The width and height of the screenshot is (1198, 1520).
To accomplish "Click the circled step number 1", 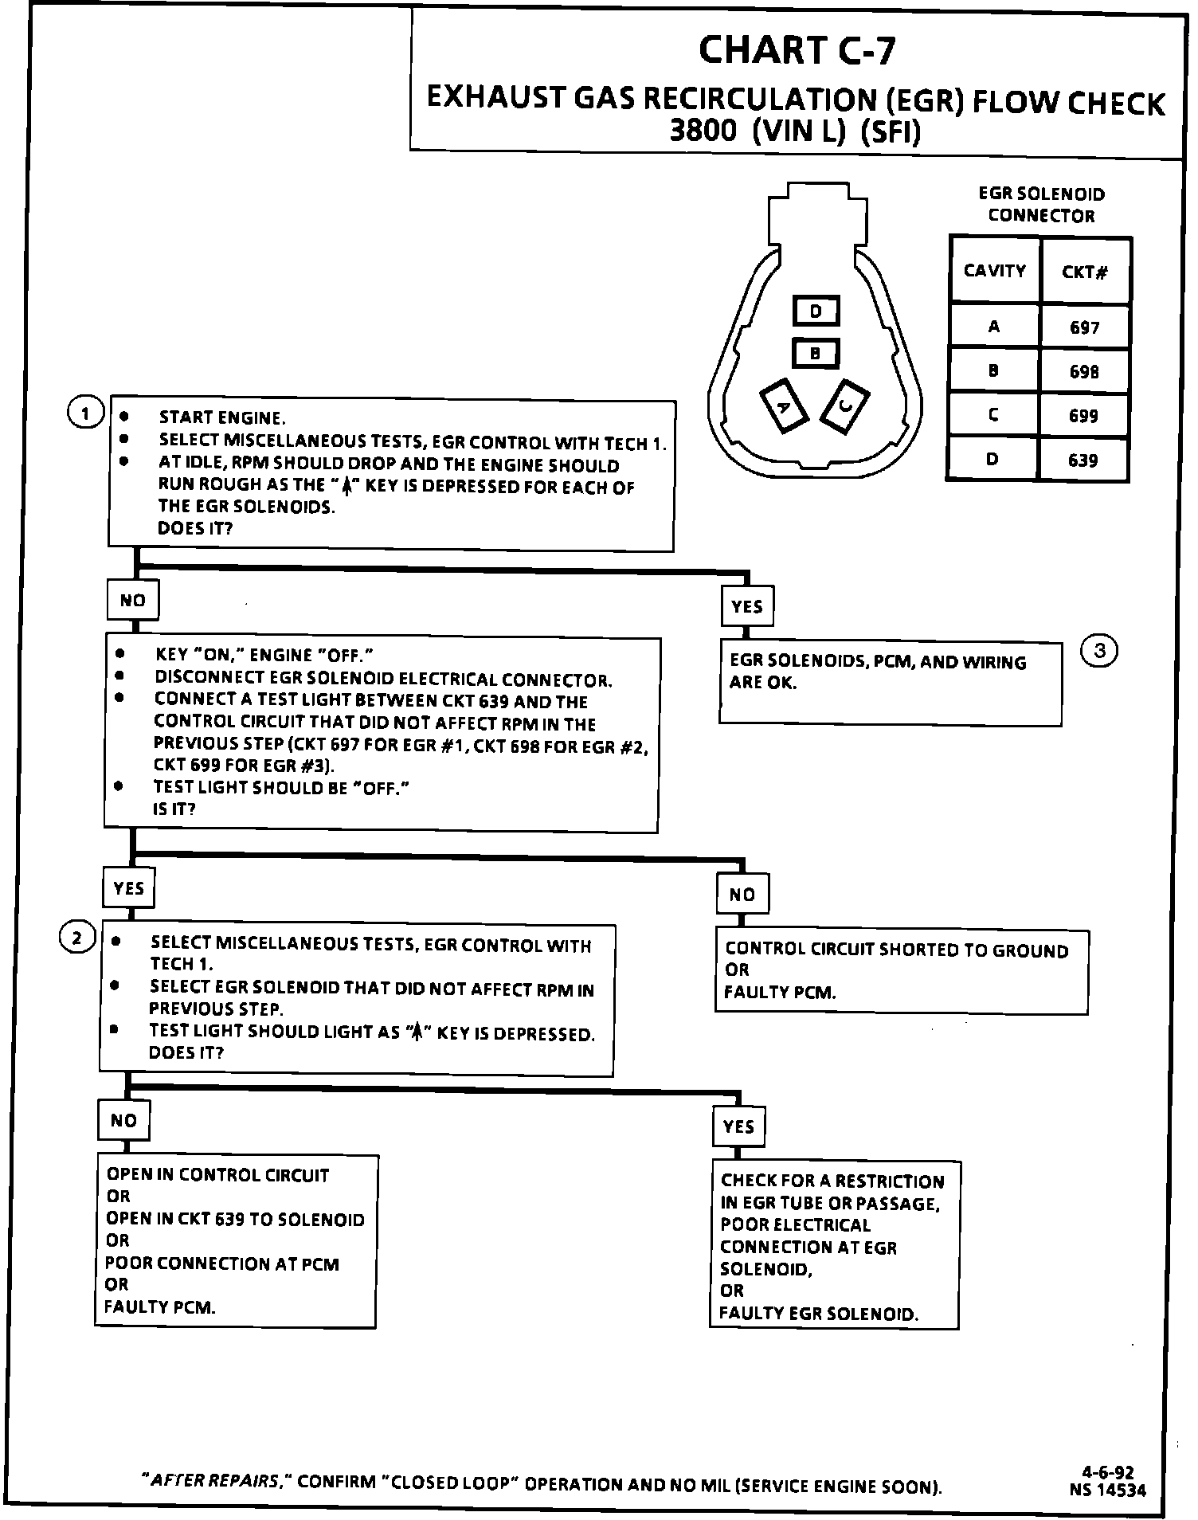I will (85, 413).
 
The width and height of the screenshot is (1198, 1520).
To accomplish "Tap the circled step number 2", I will (77, 938).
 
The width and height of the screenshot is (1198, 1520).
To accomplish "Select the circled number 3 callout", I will (1100, 651).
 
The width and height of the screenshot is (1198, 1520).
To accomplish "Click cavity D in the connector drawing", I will (816, 311).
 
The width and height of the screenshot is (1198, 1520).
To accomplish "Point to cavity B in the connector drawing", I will (815, 353).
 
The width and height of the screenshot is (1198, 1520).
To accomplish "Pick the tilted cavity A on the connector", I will (784, 405).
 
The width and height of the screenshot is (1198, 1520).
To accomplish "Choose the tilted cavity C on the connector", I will (845, 405).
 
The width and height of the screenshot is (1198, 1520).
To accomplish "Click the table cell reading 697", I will (1084, 327).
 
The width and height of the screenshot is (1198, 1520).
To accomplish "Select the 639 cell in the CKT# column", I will (1083, 460).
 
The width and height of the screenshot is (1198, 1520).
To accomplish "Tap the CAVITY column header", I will (994, 271).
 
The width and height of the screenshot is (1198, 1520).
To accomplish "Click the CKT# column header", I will (1084, 272).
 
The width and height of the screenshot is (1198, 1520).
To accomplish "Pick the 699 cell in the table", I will (1083, 416).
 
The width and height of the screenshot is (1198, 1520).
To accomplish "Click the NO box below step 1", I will (133, 600).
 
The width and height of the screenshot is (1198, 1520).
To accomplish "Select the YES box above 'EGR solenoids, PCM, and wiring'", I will (746, 606).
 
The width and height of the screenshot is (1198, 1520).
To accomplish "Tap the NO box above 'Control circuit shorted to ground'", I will (742, 894).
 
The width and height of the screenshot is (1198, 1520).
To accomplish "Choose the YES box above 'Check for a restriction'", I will (738, 1126).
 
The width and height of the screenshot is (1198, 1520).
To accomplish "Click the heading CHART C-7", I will (797, 50).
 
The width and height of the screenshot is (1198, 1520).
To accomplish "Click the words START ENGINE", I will (221, 417).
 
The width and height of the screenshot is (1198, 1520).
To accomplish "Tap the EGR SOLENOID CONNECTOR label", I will (1040, 205).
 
